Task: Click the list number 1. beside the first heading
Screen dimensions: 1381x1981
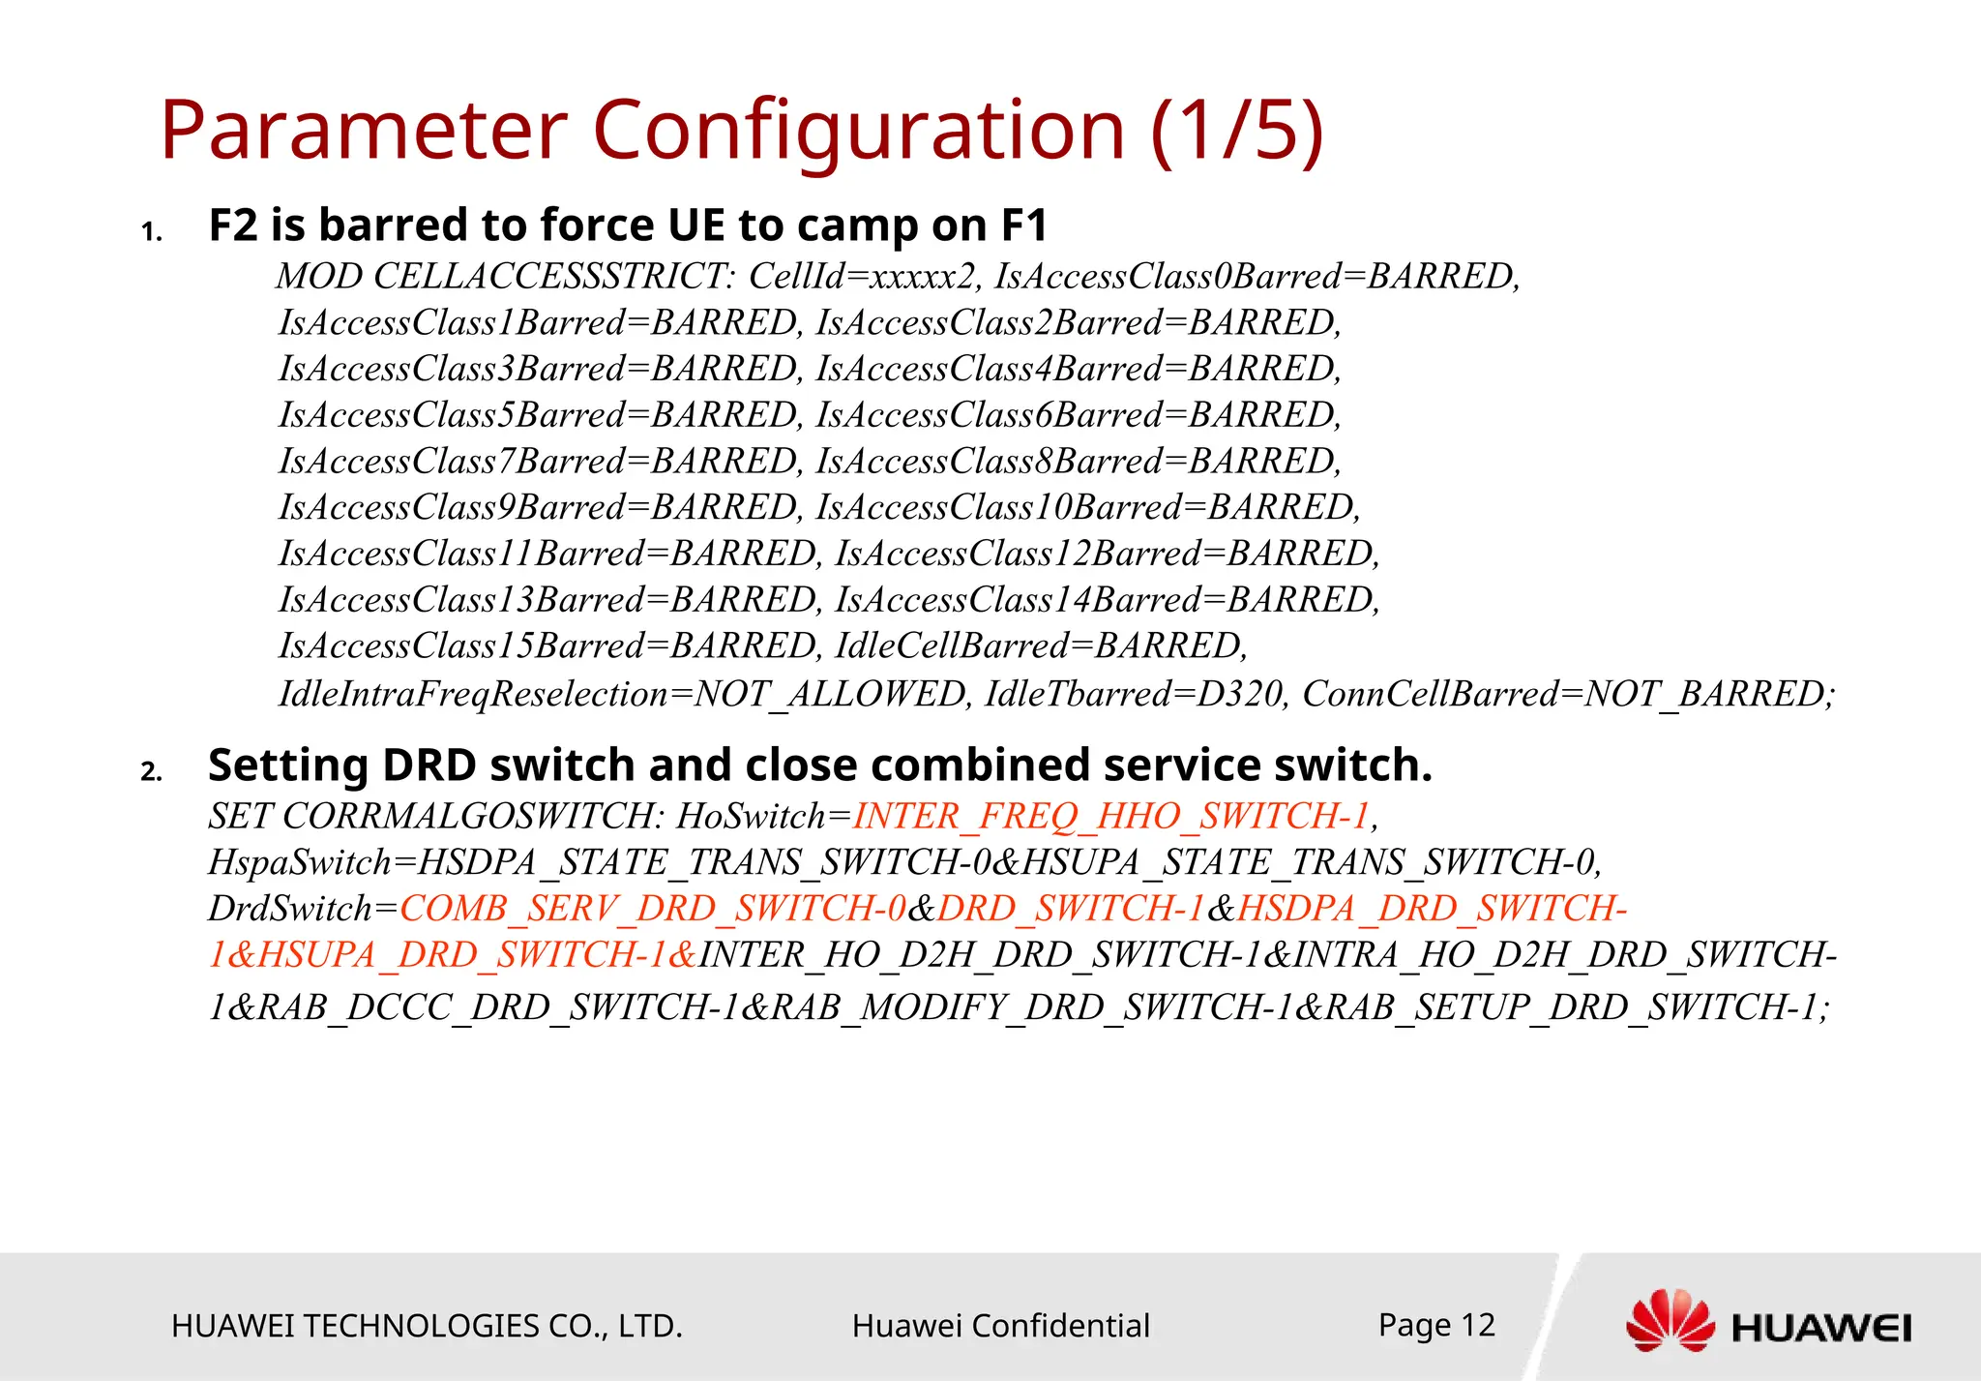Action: tap(152, 232)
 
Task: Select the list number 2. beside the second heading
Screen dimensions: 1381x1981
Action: tap(152, 771)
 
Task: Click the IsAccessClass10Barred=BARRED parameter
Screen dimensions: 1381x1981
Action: tap(1087, 507)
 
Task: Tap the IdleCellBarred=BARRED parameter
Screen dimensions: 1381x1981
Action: tap(1041, 645)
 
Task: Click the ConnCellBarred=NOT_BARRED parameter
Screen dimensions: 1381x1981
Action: tap(1567, 694)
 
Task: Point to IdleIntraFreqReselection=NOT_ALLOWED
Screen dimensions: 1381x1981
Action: tap(624, 694)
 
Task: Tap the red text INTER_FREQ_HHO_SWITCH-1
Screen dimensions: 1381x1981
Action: tap(1111, 817)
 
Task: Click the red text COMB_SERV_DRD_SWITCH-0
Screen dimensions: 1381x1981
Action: tap(653, 909)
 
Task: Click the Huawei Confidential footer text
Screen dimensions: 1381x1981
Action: tap(1000, 1326)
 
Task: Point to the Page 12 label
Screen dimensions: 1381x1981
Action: tap(1436, 1325)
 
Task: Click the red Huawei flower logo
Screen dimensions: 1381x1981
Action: tap(1670, 1320)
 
